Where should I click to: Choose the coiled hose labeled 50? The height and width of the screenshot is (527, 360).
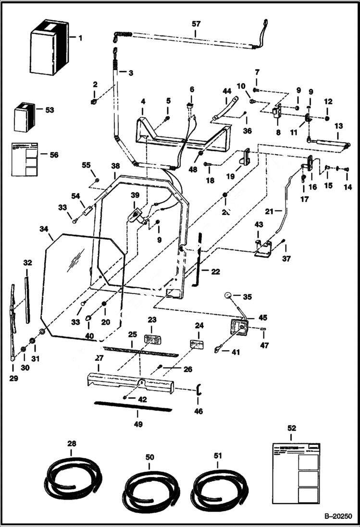[x=150, y=485]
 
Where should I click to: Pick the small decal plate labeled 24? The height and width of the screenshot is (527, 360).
[x=197, y=344]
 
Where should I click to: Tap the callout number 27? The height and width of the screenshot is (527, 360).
[x=99, y=358]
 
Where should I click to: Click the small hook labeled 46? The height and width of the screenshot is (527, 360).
[x=198, y=390]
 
